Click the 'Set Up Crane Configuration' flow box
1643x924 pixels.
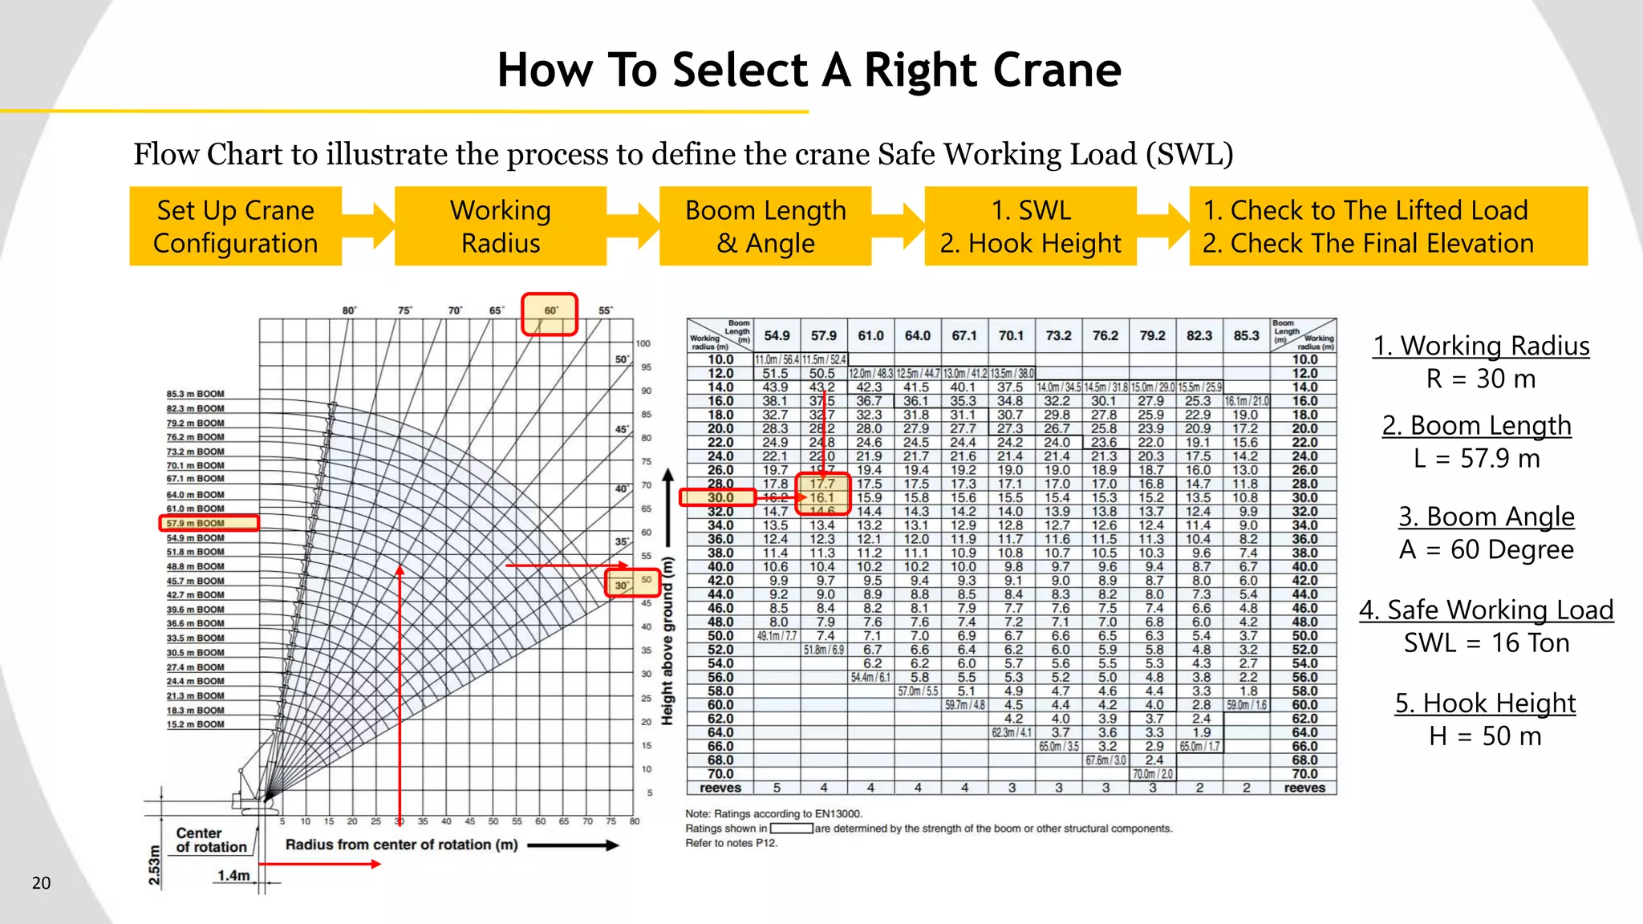point(235,226)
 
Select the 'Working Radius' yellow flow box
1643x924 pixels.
point(500,226)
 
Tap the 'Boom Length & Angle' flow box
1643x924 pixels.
point(765,226)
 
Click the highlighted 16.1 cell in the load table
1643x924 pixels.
point(822,498)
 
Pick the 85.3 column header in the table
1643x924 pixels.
point(1246,335)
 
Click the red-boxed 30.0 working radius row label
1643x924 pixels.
point(720,497)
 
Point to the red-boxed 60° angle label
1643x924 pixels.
point(550,311)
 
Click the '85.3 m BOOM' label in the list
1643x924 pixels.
point(195,394)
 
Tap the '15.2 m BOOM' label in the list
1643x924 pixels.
point(195,724)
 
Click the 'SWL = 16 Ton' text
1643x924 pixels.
point(1486,643)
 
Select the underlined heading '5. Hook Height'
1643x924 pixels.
point(1485,703)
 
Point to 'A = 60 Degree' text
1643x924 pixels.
point(1486,550)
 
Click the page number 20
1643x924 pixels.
point(41,883)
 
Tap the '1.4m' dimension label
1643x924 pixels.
point(233,875)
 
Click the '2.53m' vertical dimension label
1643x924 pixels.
point(155,865)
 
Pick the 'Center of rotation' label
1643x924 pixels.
point(211,840)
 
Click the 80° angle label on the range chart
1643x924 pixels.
point(349,310)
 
